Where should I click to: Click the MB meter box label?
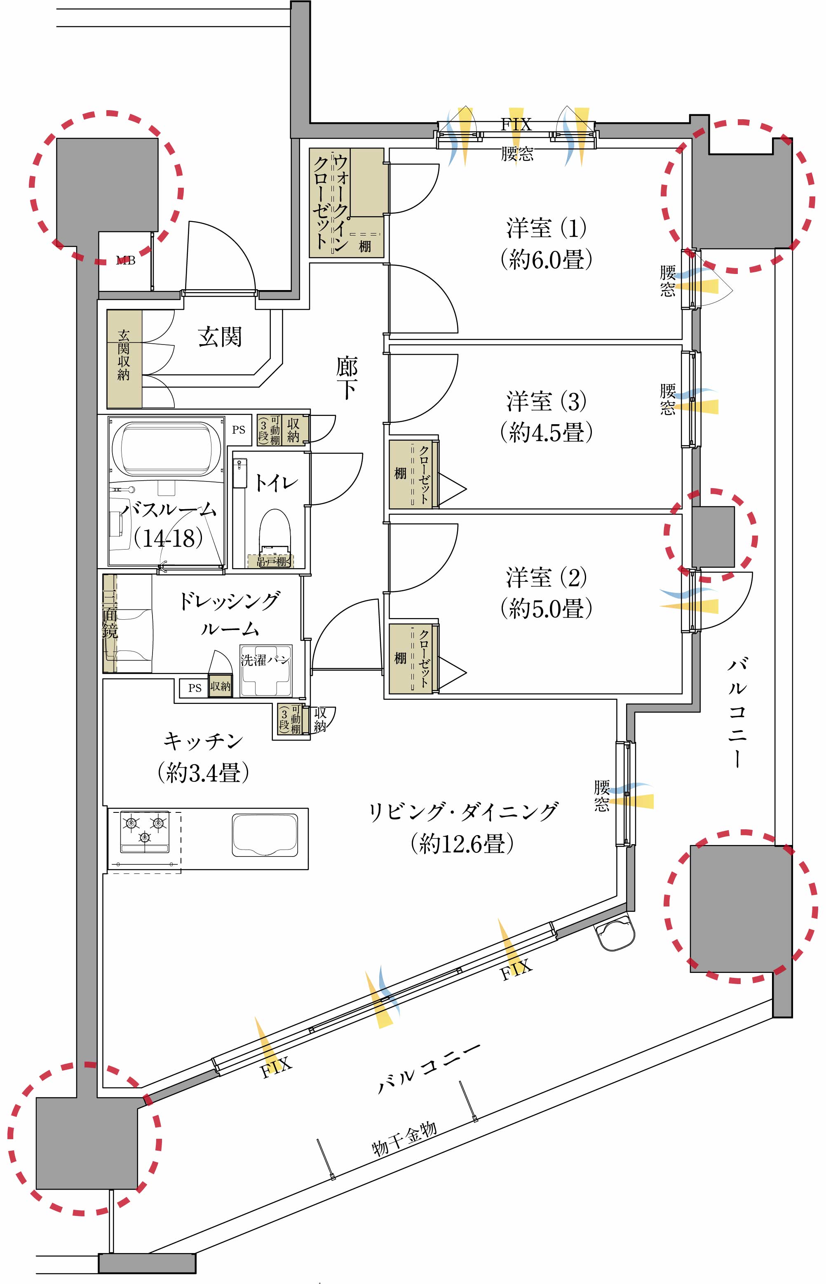pyautogui.click(x=126, y=261)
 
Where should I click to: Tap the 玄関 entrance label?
pyautogui.click(x=220, y=337)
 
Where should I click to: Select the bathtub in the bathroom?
pyautogui.click(x=166, y=449)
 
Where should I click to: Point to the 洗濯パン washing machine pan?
pyautogui.click(x=266, y=670)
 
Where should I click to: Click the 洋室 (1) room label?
pyautogui.click(x=547, y=228)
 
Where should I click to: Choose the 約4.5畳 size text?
pyautogui.click(x=547, y=432)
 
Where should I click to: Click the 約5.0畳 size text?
pyautogui.click(x=547, y=609)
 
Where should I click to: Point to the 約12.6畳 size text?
pyautogui.click(x=462, y=843)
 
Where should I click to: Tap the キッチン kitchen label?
pyautogui.click(x=203, y=741)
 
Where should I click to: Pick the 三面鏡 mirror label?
pyautogui.click(x=110, y=623)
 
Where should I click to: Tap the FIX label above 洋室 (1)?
pyautogui.click(x=516, y=125)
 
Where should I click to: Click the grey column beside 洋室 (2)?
pyautogui.click(x=713, y=536)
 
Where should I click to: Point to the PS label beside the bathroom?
pyautogui.click(x=239, y=430)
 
